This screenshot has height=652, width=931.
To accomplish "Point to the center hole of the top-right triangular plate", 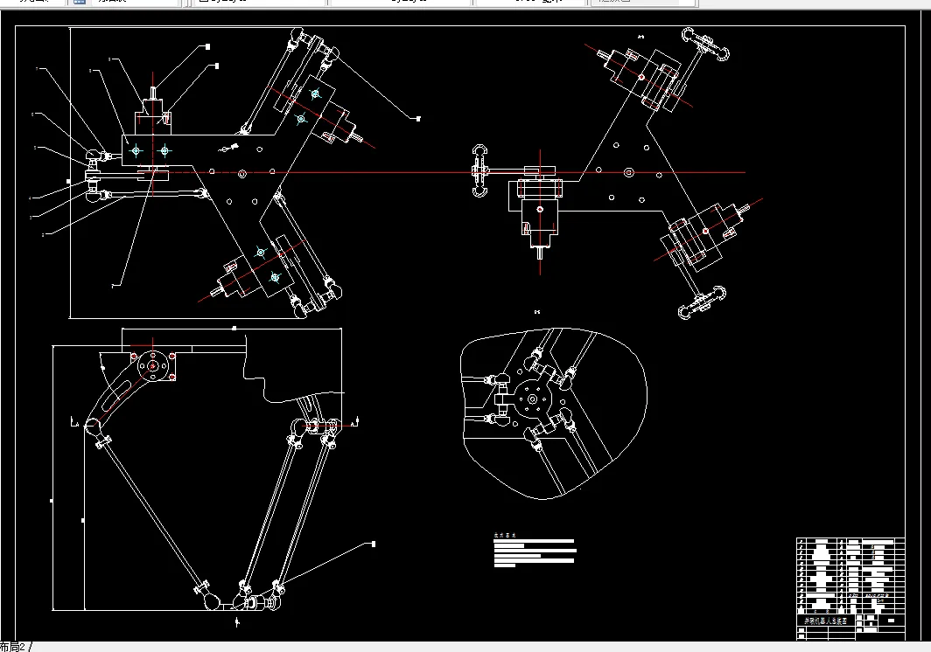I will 627,173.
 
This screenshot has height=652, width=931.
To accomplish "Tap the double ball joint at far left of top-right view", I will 479,170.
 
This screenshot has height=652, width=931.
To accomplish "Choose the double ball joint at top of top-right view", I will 705,46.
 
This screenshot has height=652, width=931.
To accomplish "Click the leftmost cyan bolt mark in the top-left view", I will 135,151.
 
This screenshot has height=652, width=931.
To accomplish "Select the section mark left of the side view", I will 72,424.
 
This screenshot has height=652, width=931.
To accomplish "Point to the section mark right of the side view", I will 353,424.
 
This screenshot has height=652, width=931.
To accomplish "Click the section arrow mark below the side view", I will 238,621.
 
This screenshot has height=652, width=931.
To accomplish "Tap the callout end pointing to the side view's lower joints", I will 374,544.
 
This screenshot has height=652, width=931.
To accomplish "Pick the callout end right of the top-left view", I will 418,117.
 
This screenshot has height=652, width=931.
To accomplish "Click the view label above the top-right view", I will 640,37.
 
